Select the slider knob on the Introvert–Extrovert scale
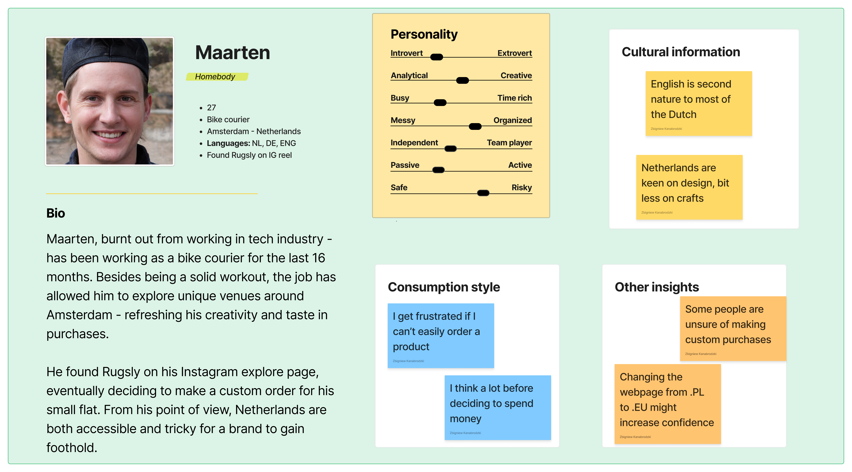(x=437, y=57)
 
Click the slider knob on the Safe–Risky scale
(x=483, y=193)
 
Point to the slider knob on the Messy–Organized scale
(x=475, y=126)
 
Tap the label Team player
(x=509, y=143)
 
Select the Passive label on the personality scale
(x=405, y=165)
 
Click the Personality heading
(x=424, y=34)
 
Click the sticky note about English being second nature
(x=698, y=103)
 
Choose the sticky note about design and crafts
(x=689, y=187)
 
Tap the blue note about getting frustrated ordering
(x=441, y=336)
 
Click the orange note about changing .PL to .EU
(x=667, y=404)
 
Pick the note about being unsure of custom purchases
(x=733, y=328)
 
